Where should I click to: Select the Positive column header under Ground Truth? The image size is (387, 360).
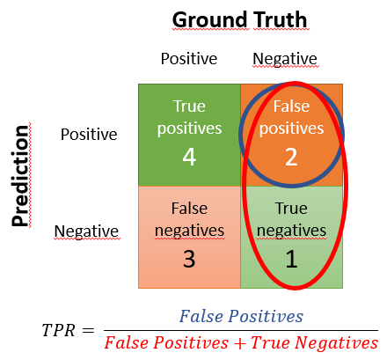188,59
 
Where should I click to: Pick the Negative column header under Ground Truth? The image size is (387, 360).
284,59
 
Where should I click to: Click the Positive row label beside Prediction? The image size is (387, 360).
88,135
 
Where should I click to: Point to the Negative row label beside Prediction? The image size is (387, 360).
86,231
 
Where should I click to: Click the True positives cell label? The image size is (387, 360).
188,117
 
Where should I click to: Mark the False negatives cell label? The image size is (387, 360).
188,220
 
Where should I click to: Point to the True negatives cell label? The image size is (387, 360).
292,220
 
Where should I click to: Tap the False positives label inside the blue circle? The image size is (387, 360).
292,117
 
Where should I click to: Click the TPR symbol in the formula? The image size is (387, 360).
58,330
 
